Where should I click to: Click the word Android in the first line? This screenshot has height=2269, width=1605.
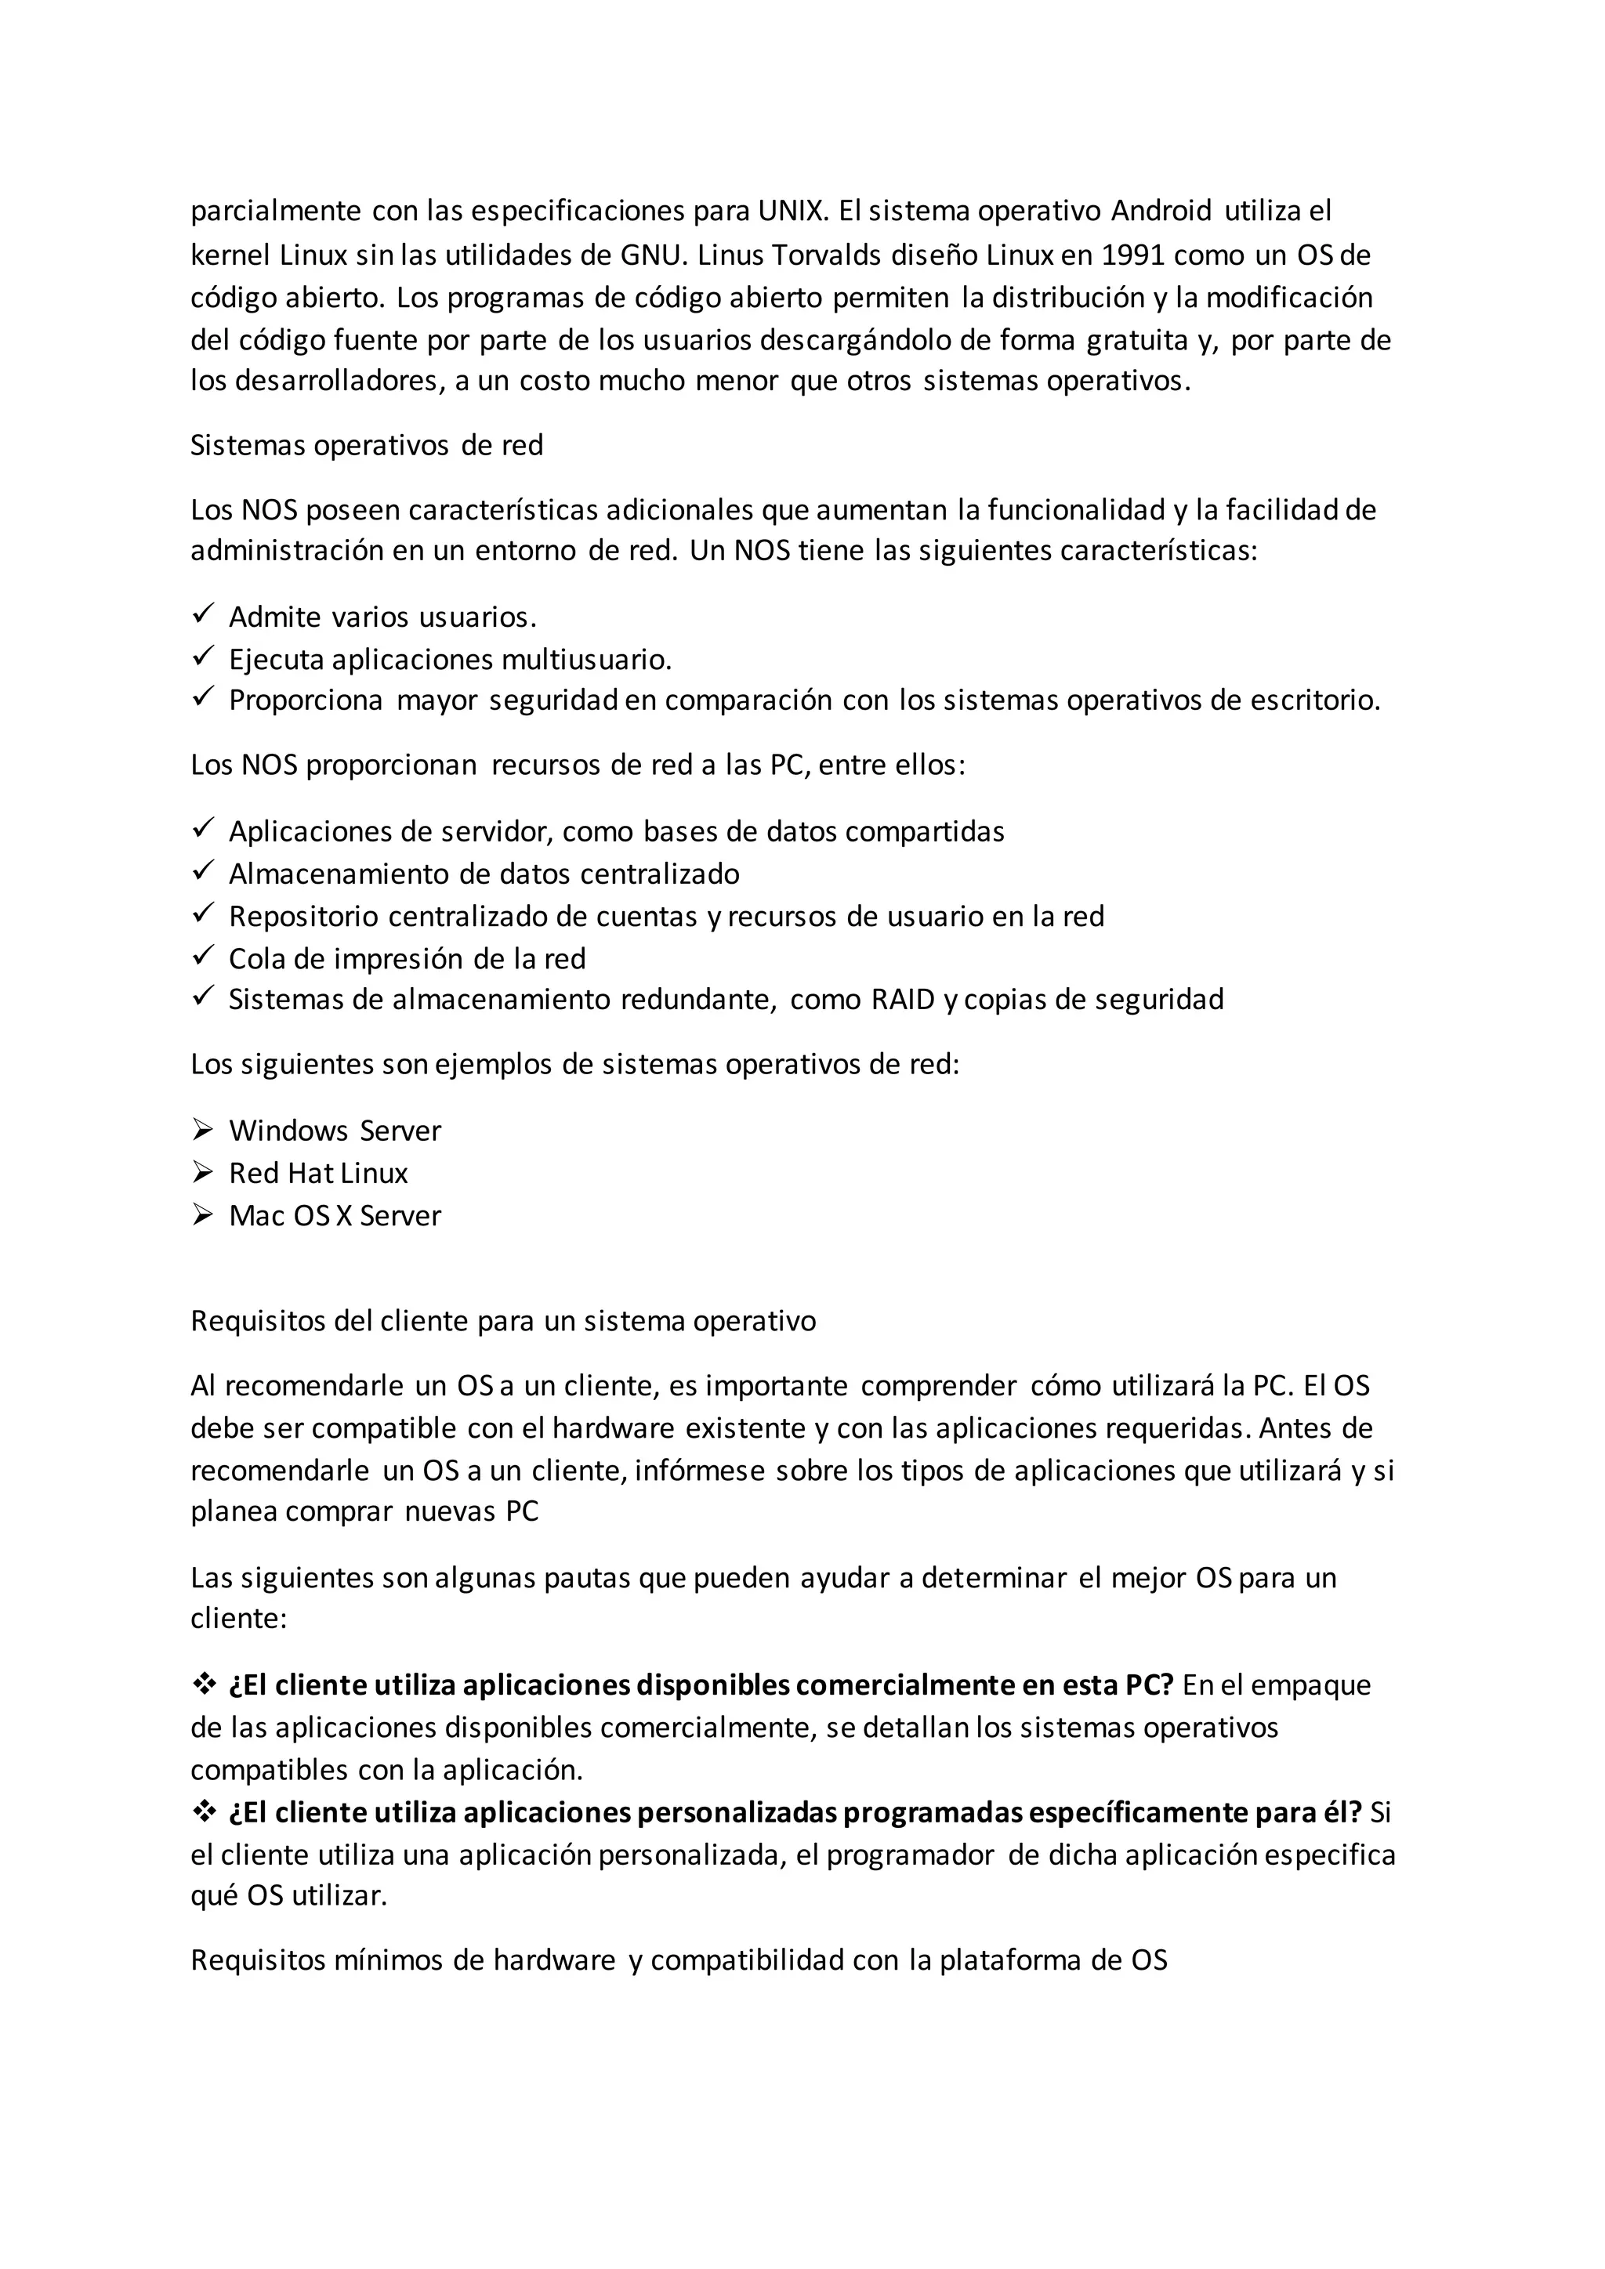pos(1161,211)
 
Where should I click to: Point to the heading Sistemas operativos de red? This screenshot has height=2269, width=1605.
pos(367,446)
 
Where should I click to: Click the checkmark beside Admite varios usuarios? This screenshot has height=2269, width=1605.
pos(203,615)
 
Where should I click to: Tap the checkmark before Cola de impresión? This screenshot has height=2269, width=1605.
pos(203,957)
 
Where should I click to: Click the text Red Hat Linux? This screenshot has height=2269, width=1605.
pos(318,1173)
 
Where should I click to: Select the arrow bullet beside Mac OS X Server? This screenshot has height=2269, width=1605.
pos(203,1214)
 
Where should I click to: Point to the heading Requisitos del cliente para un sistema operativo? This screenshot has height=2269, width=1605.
pos(503,1321)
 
